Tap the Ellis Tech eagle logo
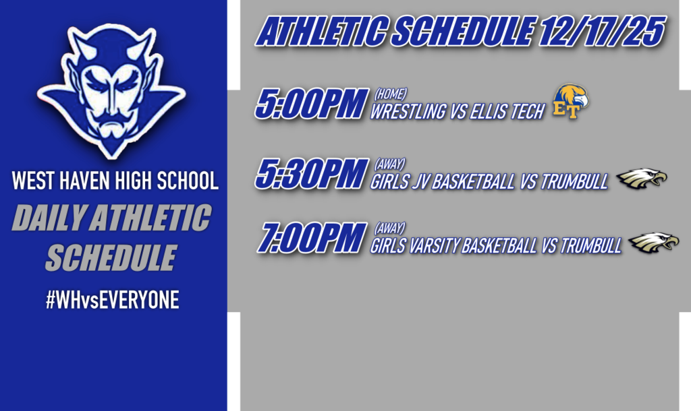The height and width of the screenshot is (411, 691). [x=570, y=102]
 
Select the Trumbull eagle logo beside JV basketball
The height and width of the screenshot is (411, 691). [x=641, y=178]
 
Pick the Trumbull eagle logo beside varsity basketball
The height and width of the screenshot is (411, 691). [x=653, y=243]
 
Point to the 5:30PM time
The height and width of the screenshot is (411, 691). [x=310, y=175]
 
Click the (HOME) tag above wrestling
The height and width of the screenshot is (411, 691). [x=391, y=94]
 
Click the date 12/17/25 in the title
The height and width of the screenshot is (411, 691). [x=603, y=31]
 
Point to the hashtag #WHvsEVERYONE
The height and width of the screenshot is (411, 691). [x=112, y=301]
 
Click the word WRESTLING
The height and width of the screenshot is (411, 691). [x=409, y=112]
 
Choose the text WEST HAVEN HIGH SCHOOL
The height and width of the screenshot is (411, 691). [x=115, y=181]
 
